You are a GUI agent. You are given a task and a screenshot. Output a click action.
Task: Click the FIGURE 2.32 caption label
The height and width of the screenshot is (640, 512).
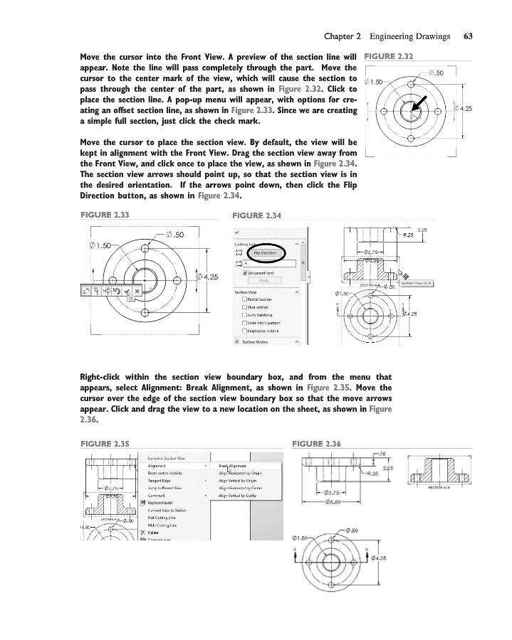tap(389, 56)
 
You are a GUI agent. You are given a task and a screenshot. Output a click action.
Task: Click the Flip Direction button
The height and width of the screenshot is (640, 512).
tap(265, 252)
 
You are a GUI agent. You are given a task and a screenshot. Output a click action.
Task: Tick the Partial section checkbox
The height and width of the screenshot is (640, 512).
tap(246, 299)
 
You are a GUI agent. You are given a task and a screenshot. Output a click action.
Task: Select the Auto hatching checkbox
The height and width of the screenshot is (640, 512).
tap(246, 315)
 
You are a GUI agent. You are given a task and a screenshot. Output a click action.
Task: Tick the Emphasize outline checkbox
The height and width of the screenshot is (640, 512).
tap(246, 331)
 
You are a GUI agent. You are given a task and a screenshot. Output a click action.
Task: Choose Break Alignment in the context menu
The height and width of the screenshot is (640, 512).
tap(233, 465)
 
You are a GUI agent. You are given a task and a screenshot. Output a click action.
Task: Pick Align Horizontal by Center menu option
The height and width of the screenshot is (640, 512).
tap(241, 488)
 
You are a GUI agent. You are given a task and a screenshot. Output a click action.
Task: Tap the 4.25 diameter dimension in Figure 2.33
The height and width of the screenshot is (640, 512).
tap(207, 277)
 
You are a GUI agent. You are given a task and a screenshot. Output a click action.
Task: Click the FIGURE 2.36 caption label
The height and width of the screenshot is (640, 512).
tap(317, 444)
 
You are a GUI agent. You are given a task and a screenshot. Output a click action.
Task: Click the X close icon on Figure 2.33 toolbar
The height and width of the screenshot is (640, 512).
tap(137, 291)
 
